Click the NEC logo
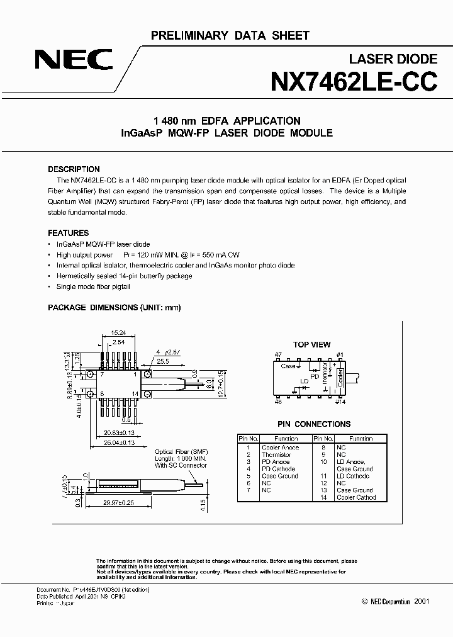tap(74, 61)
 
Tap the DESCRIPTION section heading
tap(74, 169)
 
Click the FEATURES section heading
tap(69, 233)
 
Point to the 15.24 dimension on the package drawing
tap(118, 333)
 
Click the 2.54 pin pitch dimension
tap(118, 341)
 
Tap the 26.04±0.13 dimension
tap(119, 443)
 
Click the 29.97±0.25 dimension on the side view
tap(119, 504)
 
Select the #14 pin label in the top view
tap(340, 401)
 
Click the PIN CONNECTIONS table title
tap(314, 424)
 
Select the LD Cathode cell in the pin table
tap(354, 476)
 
